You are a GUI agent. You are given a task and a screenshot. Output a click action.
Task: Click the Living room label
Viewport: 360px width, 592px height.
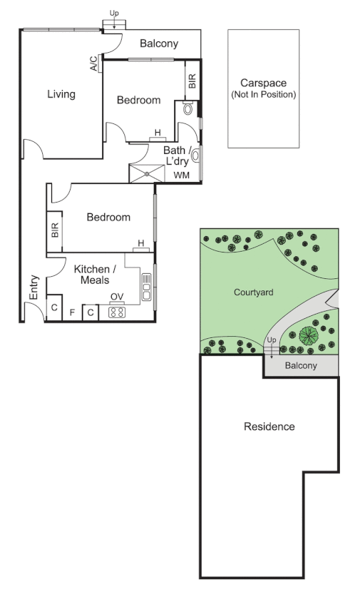tap(61, 94)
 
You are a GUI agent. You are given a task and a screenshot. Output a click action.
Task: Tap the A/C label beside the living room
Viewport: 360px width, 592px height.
tap(94, 65)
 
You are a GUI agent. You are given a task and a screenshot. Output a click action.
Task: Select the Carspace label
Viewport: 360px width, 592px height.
tap(263, 83)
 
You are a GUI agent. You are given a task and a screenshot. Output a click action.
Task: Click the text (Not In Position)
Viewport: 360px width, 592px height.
tap(263, 94)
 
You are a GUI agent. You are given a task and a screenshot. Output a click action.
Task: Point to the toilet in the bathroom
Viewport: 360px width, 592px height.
tap(187, 108)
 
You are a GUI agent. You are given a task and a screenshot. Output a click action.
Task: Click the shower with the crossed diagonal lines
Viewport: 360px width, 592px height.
tap(147, 173)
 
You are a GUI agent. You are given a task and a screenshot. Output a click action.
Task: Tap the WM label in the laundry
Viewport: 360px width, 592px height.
tap(182, 174)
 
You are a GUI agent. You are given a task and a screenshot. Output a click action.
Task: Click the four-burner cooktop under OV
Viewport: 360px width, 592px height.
tap(116, 312)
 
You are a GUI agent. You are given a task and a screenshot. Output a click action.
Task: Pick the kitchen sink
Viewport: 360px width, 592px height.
tap(146, 287)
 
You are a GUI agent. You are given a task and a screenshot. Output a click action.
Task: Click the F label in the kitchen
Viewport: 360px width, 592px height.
tap(72, 312)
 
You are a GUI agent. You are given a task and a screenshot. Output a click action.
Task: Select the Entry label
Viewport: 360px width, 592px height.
tap(33, 287)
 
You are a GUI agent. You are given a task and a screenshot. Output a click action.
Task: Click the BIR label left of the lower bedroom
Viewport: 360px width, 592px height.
tap(55, 230)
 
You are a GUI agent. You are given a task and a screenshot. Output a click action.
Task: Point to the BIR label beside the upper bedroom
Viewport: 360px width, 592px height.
tap(191, 81)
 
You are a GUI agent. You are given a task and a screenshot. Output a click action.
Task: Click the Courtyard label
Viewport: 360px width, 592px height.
tap(253, 292)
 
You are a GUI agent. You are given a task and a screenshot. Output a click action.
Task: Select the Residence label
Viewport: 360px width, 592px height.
tap(269, 427)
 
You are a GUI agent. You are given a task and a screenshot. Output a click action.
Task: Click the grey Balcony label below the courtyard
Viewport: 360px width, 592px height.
tap(300, 366)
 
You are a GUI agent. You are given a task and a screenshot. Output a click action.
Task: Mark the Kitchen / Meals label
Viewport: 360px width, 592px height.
tap(95, 274)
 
